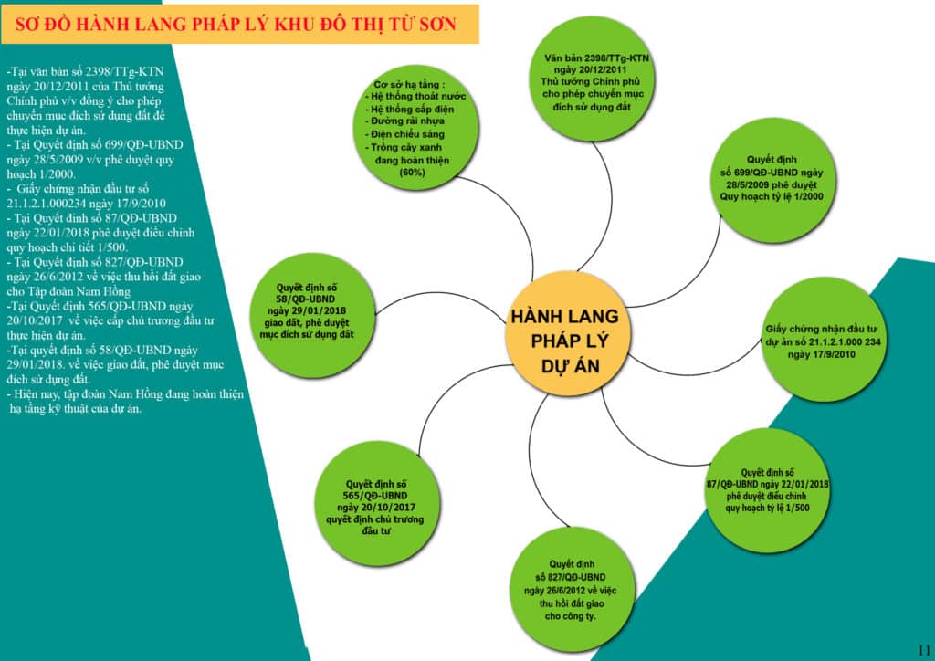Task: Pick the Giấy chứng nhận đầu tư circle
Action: pos(821,341)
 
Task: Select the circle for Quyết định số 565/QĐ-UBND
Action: pos(375,501)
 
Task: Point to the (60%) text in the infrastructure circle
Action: pos(411,172)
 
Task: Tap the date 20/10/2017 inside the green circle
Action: pos(376,507)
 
